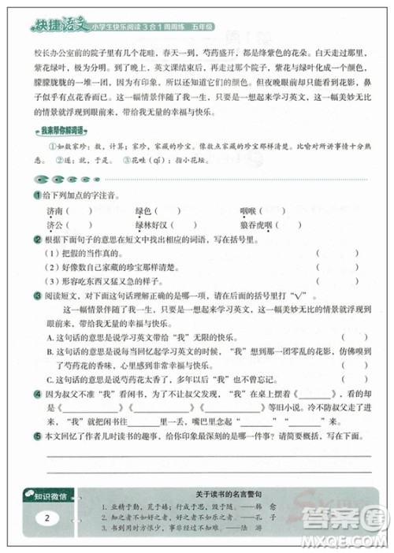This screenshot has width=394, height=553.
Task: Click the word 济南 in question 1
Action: click(58, 210)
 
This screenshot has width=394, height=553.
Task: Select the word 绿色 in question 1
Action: click(145, 210)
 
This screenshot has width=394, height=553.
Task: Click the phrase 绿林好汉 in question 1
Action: click(154, 225)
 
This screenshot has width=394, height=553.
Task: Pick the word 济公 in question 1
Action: click(58, 225)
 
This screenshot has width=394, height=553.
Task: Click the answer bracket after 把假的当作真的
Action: click(325, 253)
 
